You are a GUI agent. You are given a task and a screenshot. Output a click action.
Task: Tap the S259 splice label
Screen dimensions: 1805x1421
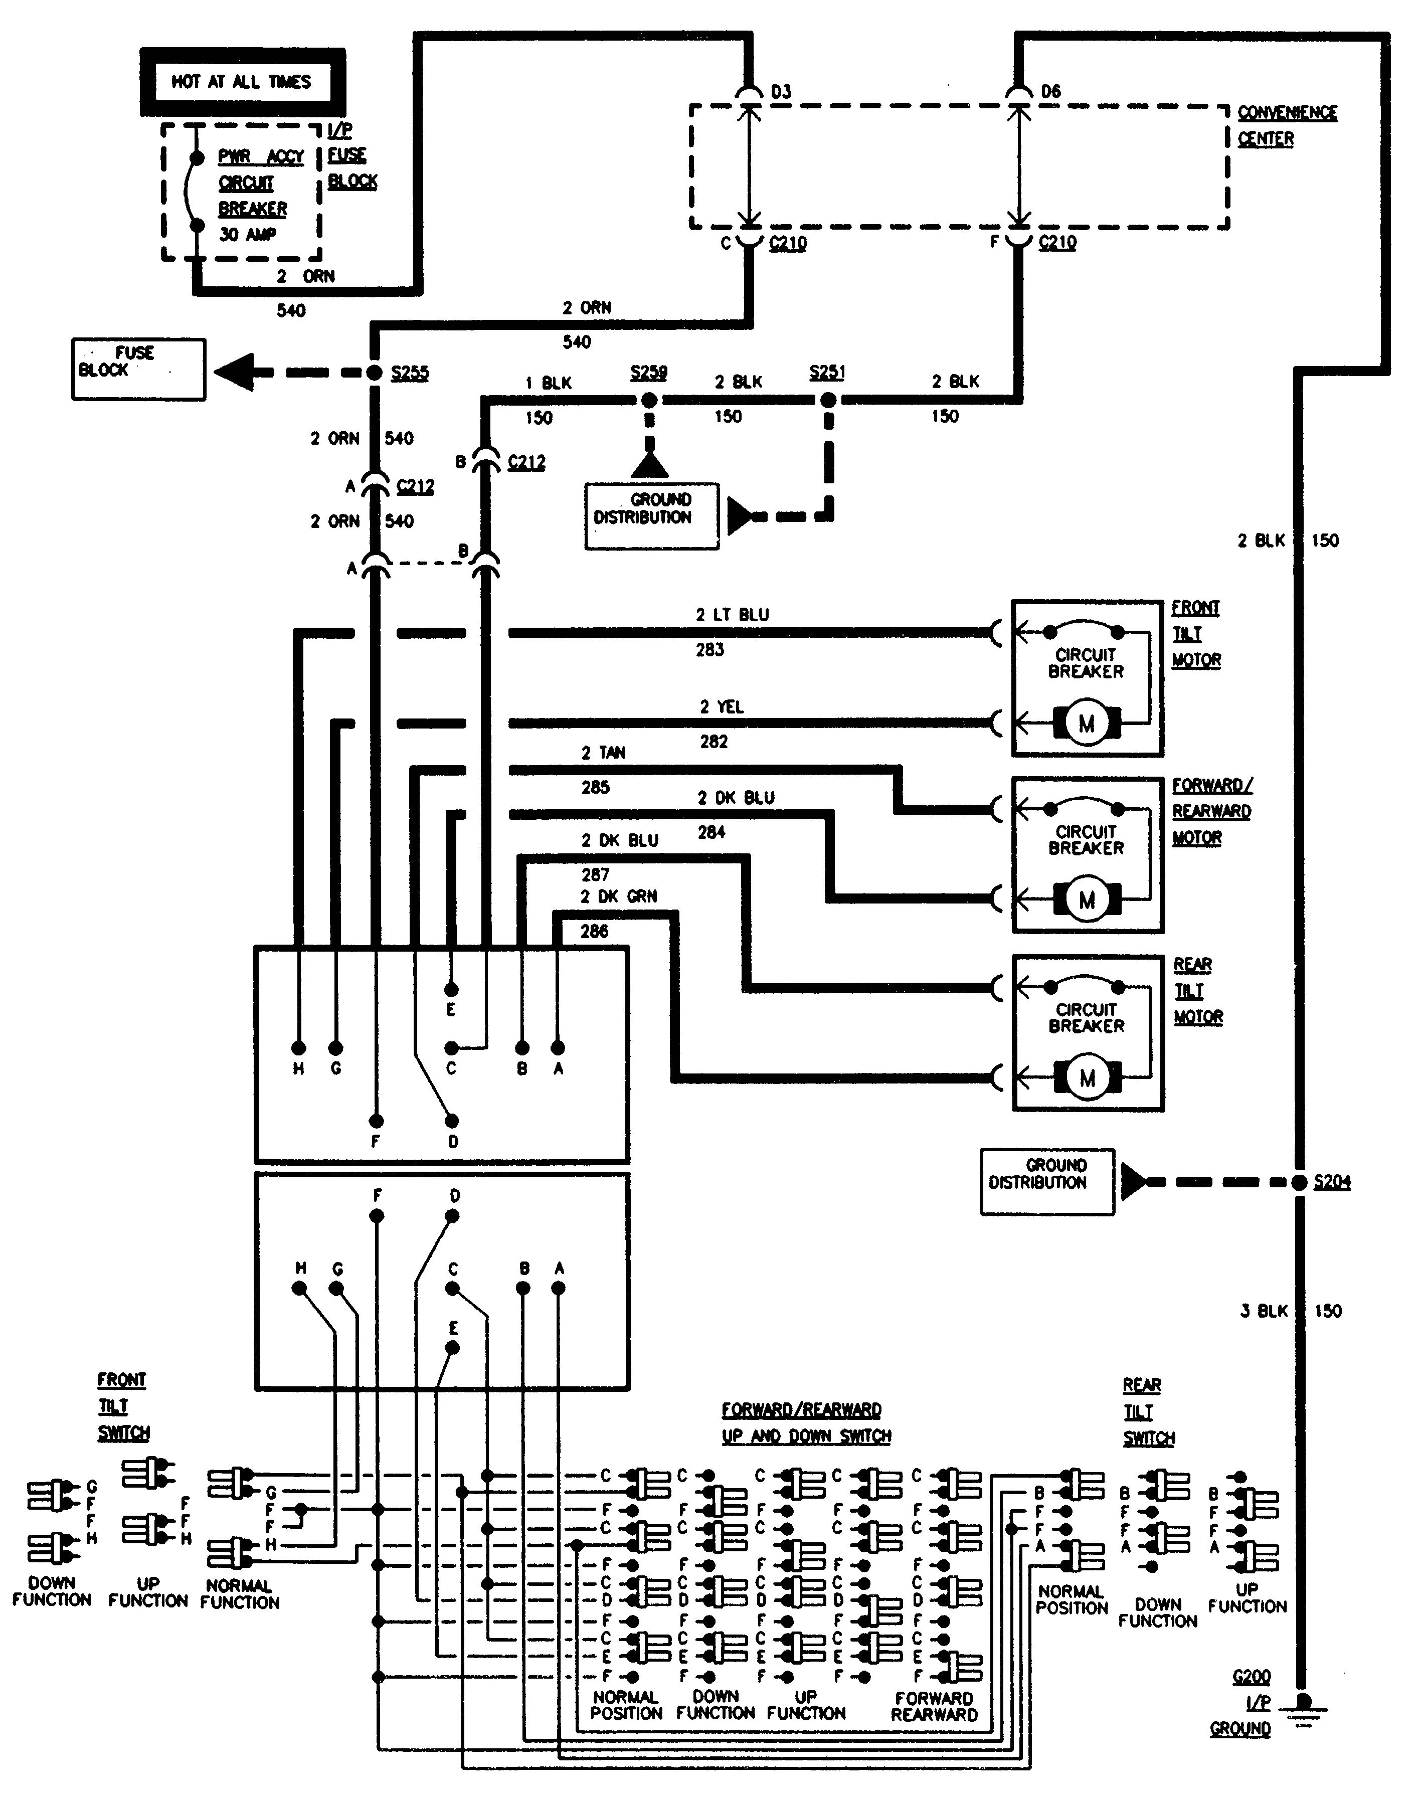pyautogui.click(x=648, y=372)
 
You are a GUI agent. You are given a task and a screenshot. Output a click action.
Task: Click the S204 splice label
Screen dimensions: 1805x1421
pyautogui.click(x=1331, y=1181)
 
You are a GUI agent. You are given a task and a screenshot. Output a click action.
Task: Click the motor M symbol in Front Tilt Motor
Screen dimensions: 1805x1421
pyautogui.click(x=1087, y=723)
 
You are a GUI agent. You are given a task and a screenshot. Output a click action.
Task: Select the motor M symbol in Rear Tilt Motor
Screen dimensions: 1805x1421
pyautogui.click(x=1087, y=1079)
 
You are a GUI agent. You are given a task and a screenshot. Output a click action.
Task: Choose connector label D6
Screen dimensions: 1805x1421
pyautogui.click(x=1051, y=91)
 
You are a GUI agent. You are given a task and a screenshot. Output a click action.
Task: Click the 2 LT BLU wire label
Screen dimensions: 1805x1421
pyautogui.click(x=732, y=615)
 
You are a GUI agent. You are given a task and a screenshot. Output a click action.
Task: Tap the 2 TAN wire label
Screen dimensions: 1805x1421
pyautogui.click(x=603, y=753)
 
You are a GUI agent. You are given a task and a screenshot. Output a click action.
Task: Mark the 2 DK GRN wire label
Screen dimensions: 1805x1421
pyautogui.click(x=618, y=896)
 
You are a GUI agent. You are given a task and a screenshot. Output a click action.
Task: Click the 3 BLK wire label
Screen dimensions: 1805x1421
pyautogui.click(x=1264, y=1312)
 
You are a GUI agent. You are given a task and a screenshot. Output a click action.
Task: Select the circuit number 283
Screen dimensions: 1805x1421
pyautogui.click(x=709, y=650)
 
